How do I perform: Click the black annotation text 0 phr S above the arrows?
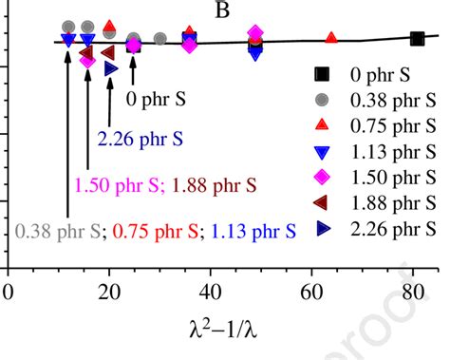(156, 98)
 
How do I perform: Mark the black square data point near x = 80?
(417, 39)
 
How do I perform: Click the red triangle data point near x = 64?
(331, 38)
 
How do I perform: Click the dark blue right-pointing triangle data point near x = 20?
(111, 68)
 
